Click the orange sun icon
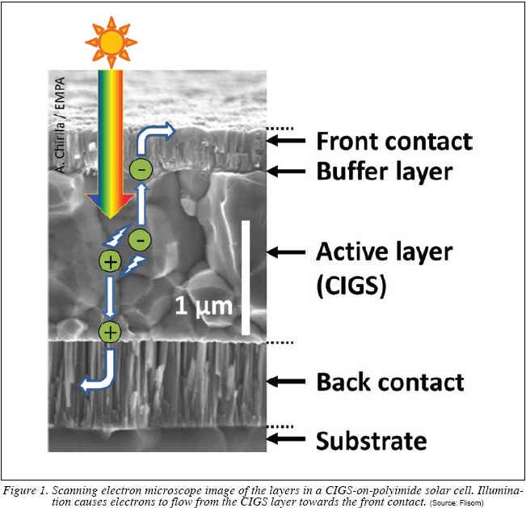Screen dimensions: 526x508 [111, 42]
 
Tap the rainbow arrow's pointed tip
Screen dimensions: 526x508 [111, 219]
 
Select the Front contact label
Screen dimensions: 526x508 [394, 142]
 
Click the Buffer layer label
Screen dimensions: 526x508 [385, 171]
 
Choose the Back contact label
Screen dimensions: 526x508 [390, 382]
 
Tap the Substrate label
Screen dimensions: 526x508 [372, 441]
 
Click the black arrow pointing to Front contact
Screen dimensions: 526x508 [286, 140]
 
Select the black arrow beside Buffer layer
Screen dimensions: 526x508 [286, 171]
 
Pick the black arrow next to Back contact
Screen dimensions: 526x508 [286, 381]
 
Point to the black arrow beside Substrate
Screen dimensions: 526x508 [286, 438]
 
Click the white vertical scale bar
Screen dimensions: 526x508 [246, 277]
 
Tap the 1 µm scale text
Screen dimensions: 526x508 [204, 307]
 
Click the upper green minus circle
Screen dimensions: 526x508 [141, 169]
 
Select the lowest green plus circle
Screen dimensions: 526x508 [110, 332]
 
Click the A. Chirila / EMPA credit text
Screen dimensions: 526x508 [60, 125]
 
